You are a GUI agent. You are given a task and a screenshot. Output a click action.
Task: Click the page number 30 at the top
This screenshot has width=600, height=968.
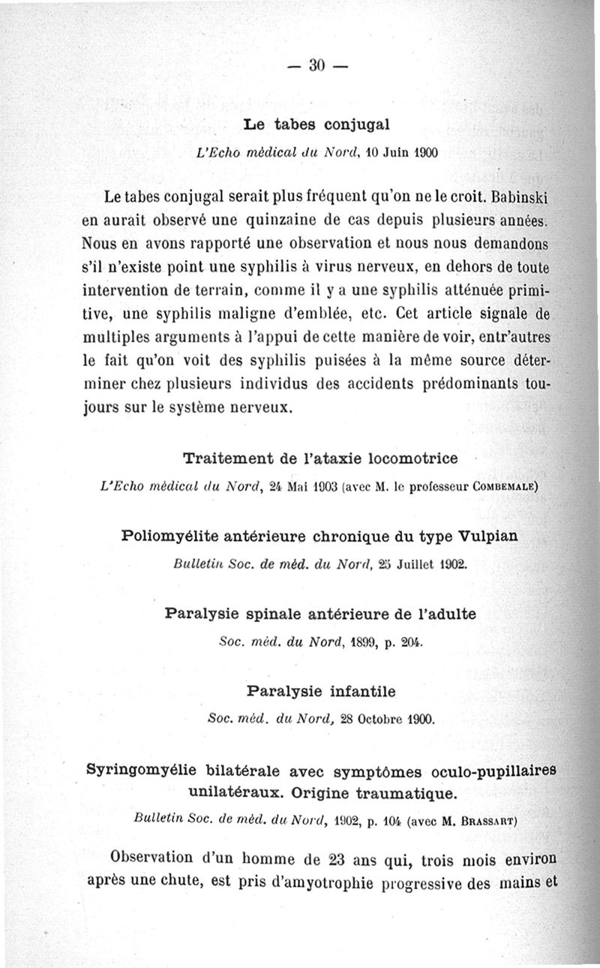coord(314,66)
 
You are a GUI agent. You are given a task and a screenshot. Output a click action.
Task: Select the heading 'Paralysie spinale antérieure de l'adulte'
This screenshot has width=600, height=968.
coord(320,613)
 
